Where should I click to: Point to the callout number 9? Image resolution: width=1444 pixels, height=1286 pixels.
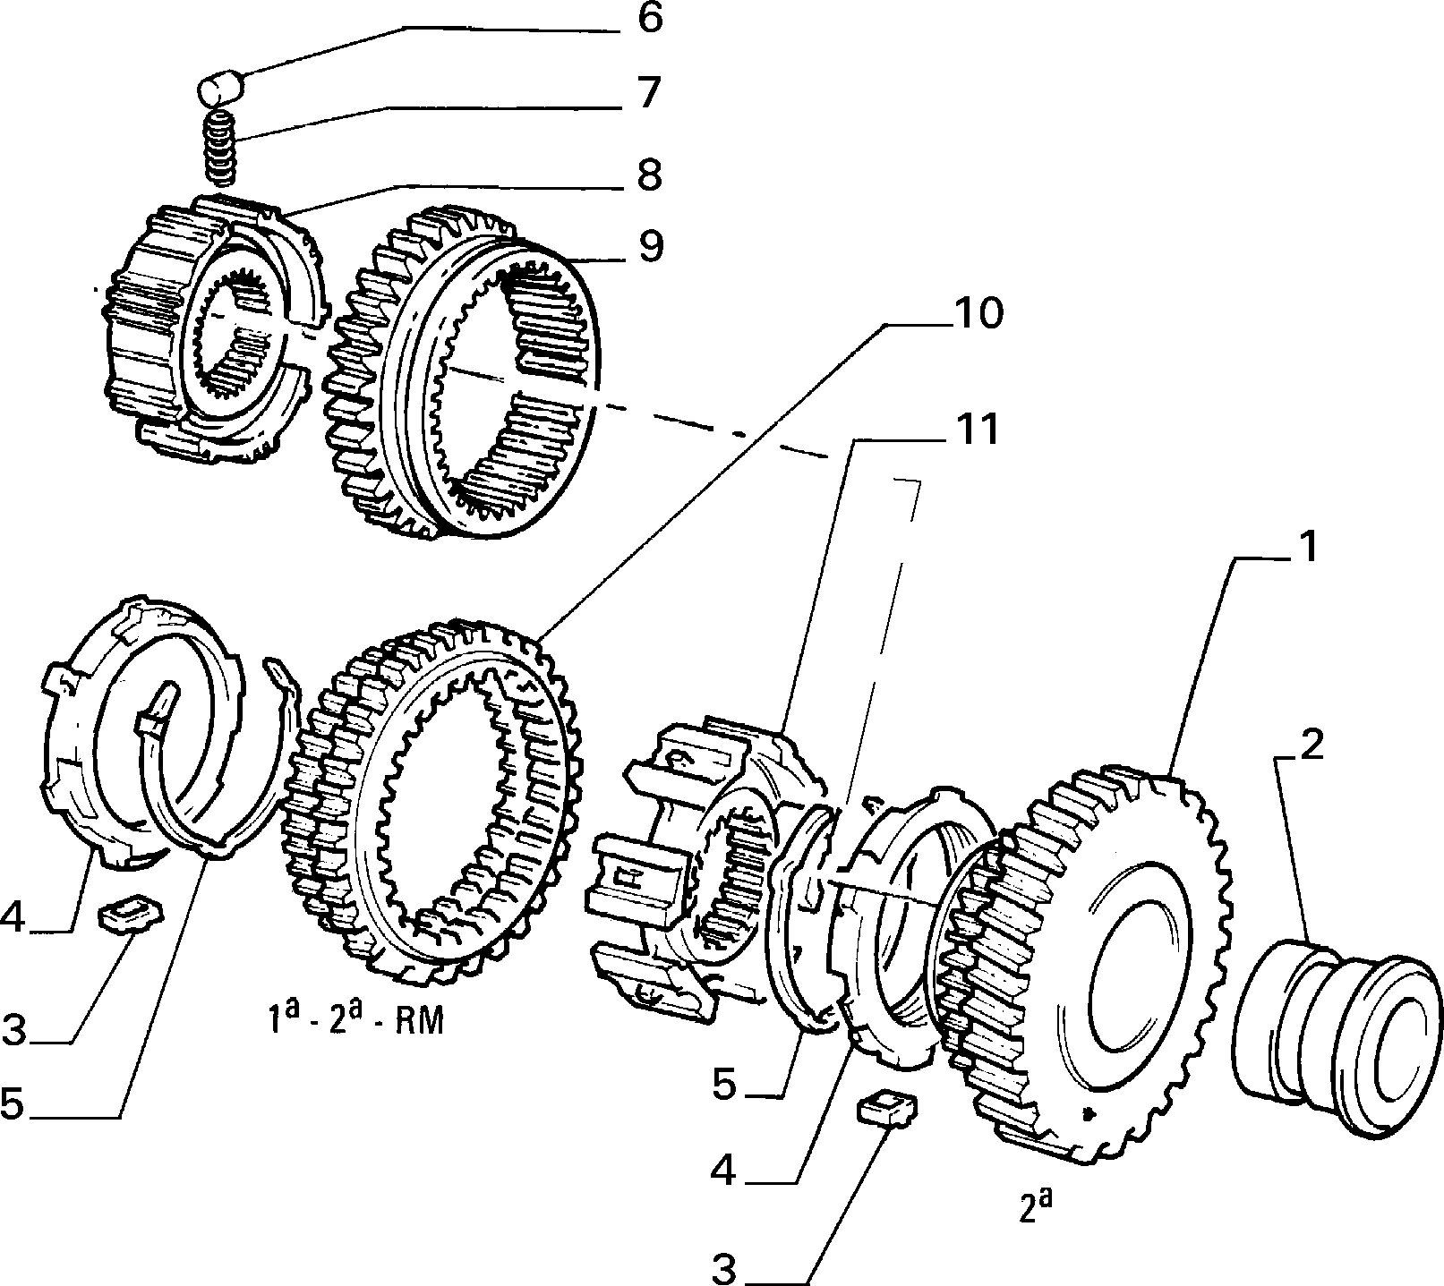point(649,247)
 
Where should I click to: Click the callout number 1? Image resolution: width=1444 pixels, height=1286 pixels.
point(1308,547)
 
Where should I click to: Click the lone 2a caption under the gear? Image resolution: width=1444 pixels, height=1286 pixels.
point(1035,1209)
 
